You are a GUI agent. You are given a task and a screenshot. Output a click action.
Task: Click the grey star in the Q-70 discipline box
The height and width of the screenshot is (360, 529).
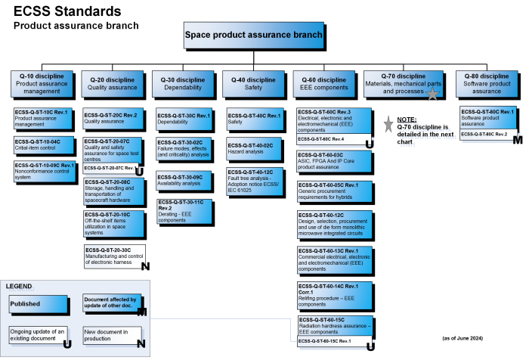tap(433, 93)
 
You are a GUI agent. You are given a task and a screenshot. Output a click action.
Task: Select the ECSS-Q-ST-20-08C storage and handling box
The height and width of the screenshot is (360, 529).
tap(113, 191)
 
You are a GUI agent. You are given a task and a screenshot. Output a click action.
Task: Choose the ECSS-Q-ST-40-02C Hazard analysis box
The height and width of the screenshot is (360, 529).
tap(255, 147)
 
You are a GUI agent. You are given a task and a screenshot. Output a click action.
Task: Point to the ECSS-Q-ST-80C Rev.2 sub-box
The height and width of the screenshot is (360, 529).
tap(485, 134)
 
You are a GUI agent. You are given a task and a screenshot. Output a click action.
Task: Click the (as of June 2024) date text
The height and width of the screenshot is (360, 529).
tap(462, 337)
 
